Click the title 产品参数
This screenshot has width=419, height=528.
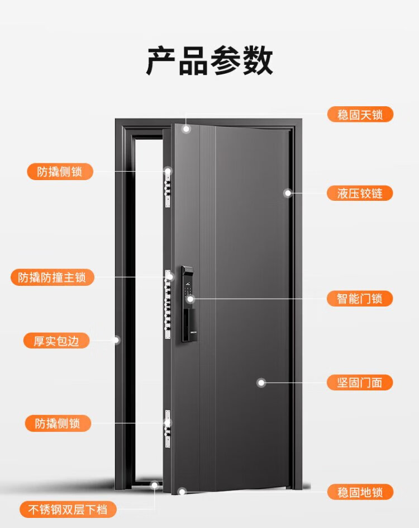pyautogui.click(x=209, y=61)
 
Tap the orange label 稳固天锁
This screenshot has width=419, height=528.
pyautogui.click(x=360, y=115)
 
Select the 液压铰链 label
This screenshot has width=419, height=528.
pyautogui.click(x=360, y=194)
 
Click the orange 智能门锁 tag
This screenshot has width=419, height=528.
pyautogui.click(x=360, y=299)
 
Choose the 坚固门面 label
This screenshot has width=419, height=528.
pyautogui.click(x=360, y=383)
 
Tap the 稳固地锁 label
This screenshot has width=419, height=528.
pyautogui.click(x=360, y=492)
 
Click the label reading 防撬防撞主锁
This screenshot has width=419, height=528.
pyautogui.click(x=53, y=277)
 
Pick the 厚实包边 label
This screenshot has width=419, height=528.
pyautogui.click(x=56, y=341)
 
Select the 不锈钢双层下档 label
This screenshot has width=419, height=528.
pyautogui.click(x=68, y=509)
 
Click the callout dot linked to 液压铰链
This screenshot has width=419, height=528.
pyautogui.click(x=288, y=193)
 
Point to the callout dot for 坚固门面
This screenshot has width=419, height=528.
pyautogui.click(x=261, y=383)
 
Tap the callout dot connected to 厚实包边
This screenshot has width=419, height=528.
pyautogui.click(x=116, y=340)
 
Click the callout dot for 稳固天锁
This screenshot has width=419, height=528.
pyautogui.click(x=186, y=129)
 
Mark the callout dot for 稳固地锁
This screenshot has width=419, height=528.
pyautogui.click(x=182, y=492)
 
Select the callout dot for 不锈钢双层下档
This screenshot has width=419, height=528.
pyautogui.click(x=155, y=485)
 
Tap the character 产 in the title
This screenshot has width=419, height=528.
pyautogui.click(x=161, y=61)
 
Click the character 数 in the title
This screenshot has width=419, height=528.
pyautogui.click(x=258, y=61)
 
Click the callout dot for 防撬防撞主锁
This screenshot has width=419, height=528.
pyautogui.click(x=170, y=277)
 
